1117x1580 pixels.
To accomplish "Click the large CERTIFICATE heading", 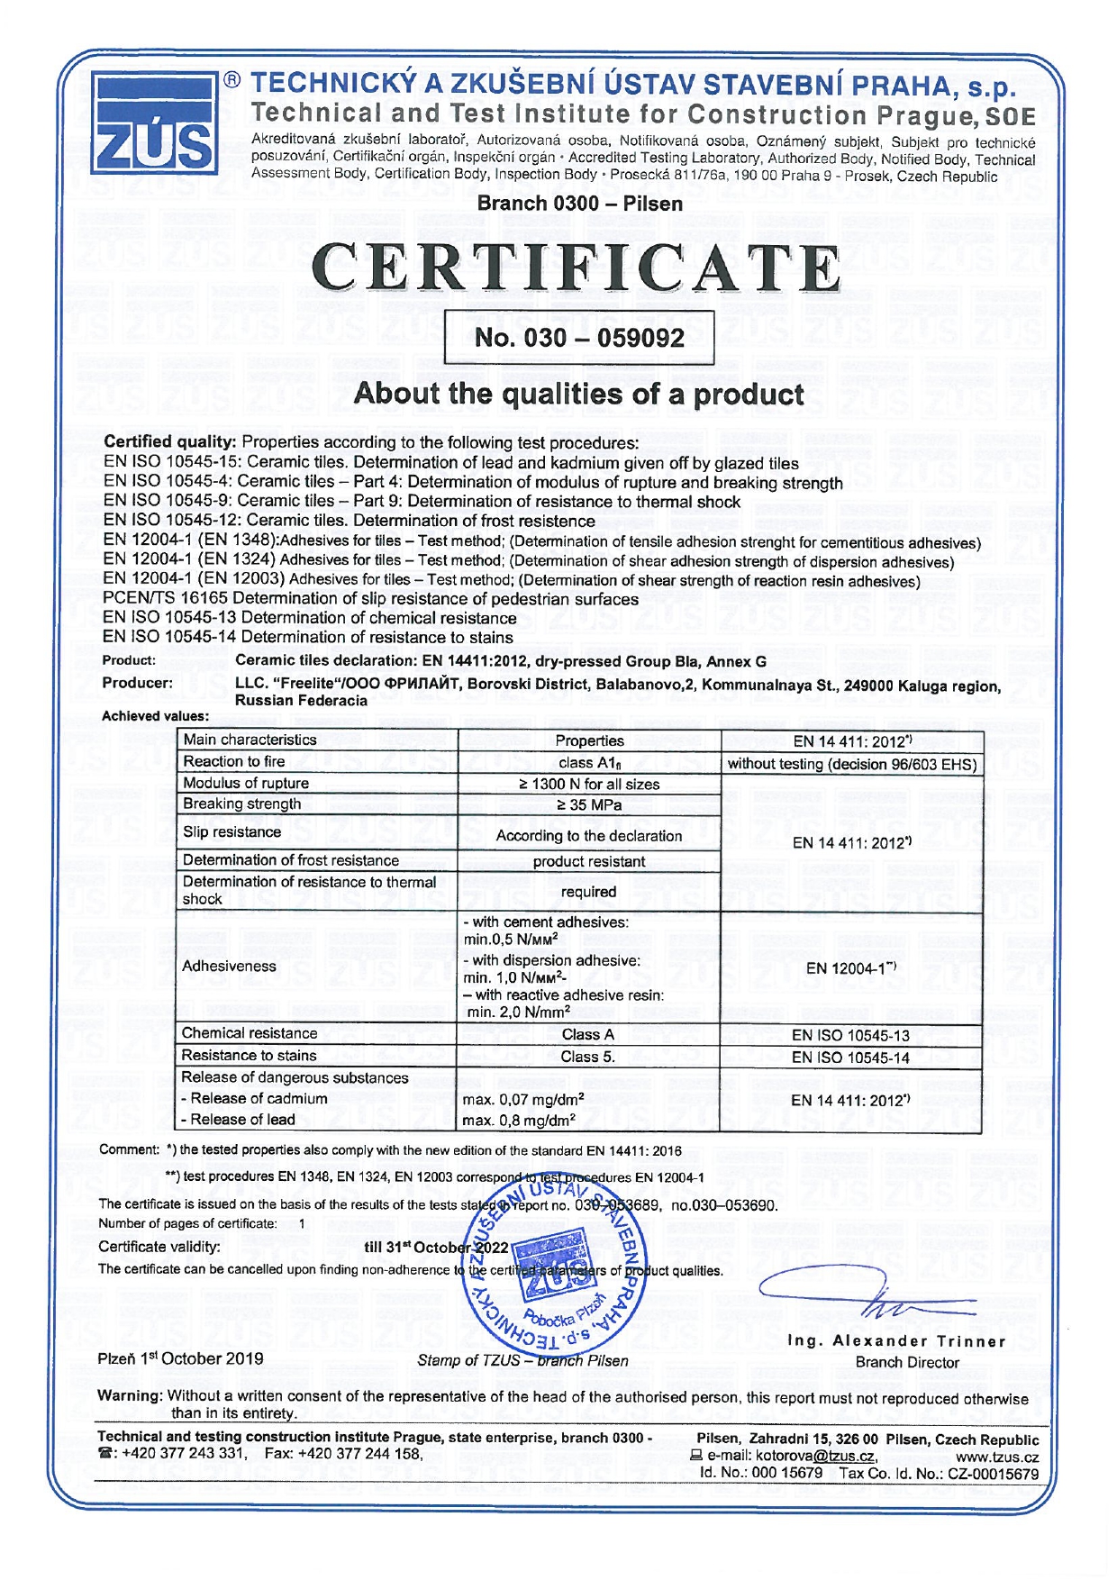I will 581,268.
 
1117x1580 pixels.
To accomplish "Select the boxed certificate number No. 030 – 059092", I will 579,338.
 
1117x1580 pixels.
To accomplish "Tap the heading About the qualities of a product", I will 578,395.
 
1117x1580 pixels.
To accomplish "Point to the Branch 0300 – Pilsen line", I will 579,204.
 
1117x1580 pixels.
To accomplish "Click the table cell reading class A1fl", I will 589,763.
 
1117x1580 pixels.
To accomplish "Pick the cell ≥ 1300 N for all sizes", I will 589,784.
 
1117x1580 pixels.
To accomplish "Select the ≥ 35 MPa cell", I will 589,804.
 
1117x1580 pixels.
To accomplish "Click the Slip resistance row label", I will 232,831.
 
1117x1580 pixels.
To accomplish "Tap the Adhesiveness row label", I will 230,966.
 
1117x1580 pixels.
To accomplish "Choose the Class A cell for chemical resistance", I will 587,1035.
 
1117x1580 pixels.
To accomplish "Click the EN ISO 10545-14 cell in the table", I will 850,1058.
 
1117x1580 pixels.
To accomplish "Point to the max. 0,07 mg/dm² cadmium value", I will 523,1099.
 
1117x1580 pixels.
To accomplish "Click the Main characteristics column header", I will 250,740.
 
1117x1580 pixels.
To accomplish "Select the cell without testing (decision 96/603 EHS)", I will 852,764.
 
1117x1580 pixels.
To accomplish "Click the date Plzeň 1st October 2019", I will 180,1358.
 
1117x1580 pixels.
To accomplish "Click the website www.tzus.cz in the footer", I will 997,1457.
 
